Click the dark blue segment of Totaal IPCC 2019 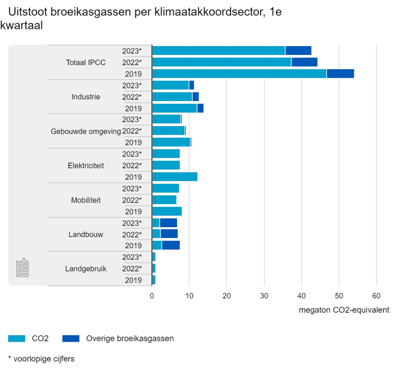point(340,74)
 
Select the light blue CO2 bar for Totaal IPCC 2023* point(218,51)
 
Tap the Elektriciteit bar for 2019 point(175,177)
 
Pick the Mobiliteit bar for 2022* point(164,200)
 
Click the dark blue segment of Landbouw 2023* point(168,223)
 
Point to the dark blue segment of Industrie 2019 point(200,108)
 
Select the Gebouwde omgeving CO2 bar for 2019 point(171,142)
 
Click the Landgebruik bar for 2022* point(154,268)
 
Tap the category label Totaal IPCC point(86,62)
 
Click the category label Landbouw point(86,234)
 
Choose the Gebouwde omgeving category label point(86,131)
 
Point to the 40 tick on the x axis point(301,296)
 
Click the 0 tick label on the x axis point(152,296)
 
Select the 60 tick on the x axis point(376,296)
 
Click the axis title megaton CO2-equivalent point(344,310)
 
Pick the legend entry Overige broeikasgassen point(129,339)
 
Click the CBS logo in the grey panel point(22,267)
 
